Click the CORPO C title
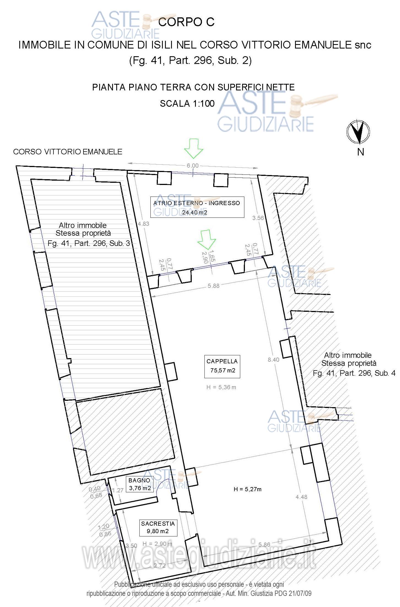point(187,22)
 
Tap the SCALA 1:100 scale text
point(187,104)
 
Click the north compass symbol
point(358,132)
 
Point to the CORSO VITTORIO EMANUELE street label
point(68,152)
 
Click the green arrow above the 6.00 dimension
point(194,149)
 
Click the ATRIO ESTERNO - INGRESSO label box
point(197,207)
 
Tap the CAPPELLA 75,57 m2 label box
point(222,366)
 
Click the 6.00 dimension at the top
point(193,166)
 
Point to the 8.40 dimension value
point(273,359)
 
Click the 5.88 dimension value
point(213,286)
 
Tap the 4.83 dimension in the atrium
point(144,224)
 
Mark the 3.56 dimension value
point(258,218)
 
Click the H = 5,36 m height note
point(221,387)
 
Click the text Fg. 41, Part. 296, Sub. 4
point(354,373)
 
